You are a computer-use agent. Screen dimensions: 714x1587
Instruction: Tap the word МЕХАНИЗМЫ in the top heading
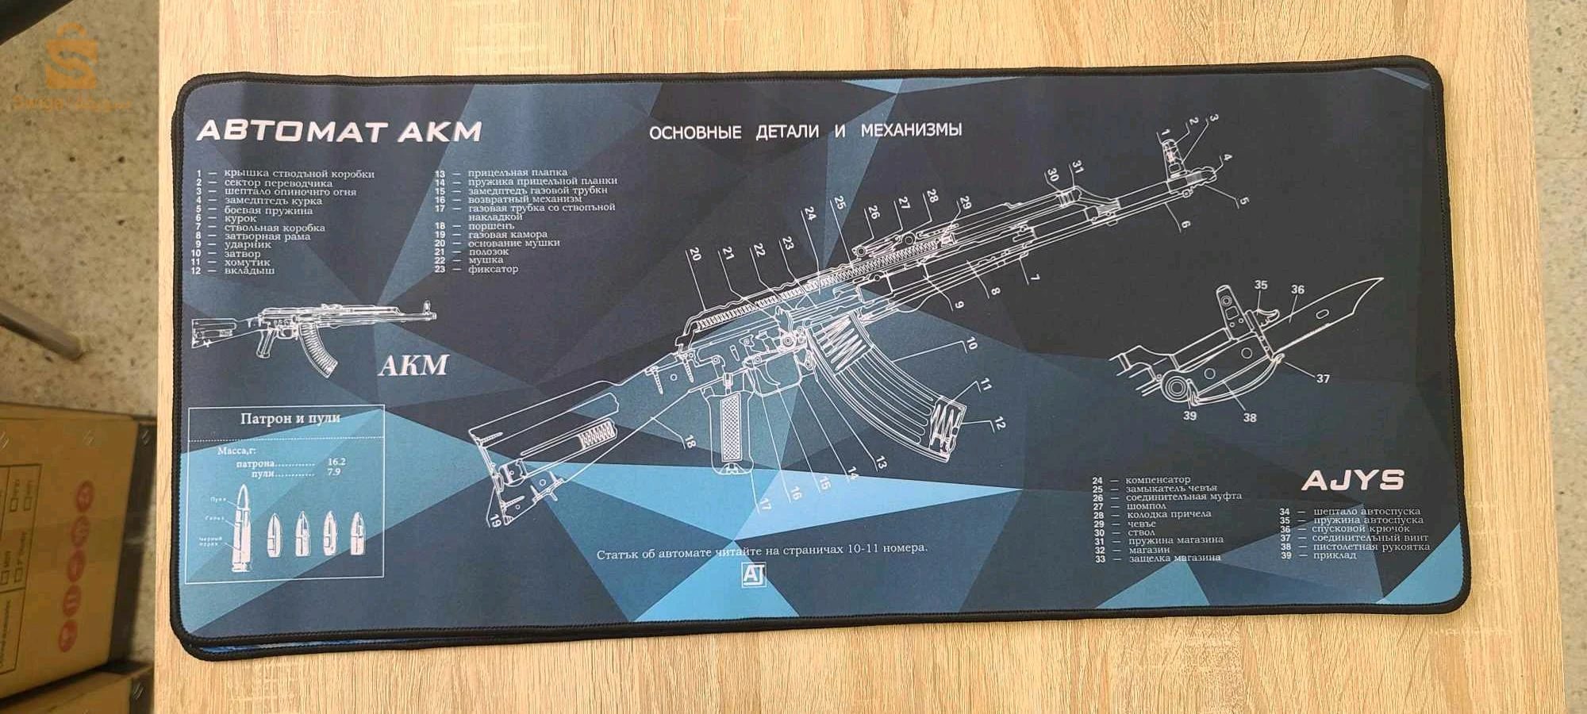point(911,129)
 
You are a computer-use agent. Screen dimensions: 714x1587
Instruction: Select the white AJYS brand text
point(1352,480)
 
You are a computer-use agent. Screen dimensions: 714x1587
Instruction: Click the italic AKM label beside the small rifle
point(413,366)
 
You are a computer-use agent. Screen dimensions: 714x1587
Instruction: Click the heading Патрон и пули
point(290,418)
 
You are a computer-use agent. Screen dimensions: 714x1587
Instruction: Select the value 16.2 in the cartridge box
point(336,461)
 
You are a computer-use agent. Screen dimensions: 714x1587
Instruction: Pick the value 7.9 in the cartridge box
point(333,472)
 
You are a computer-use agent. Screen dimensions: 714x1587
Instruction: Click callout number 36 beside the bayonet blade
point(1297,290)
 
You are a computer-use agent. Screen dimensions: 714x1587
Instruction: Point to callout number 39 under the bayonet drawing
point(1189,415)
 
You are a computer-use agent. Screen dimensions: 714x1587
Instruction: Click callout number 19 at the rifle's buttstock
point(495,521)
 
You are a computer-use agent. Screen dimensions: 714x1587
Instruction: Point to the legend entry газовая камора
point(507,235)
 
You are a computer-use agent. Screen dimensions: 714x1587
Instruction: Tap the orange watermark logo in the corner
point(70,59)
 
